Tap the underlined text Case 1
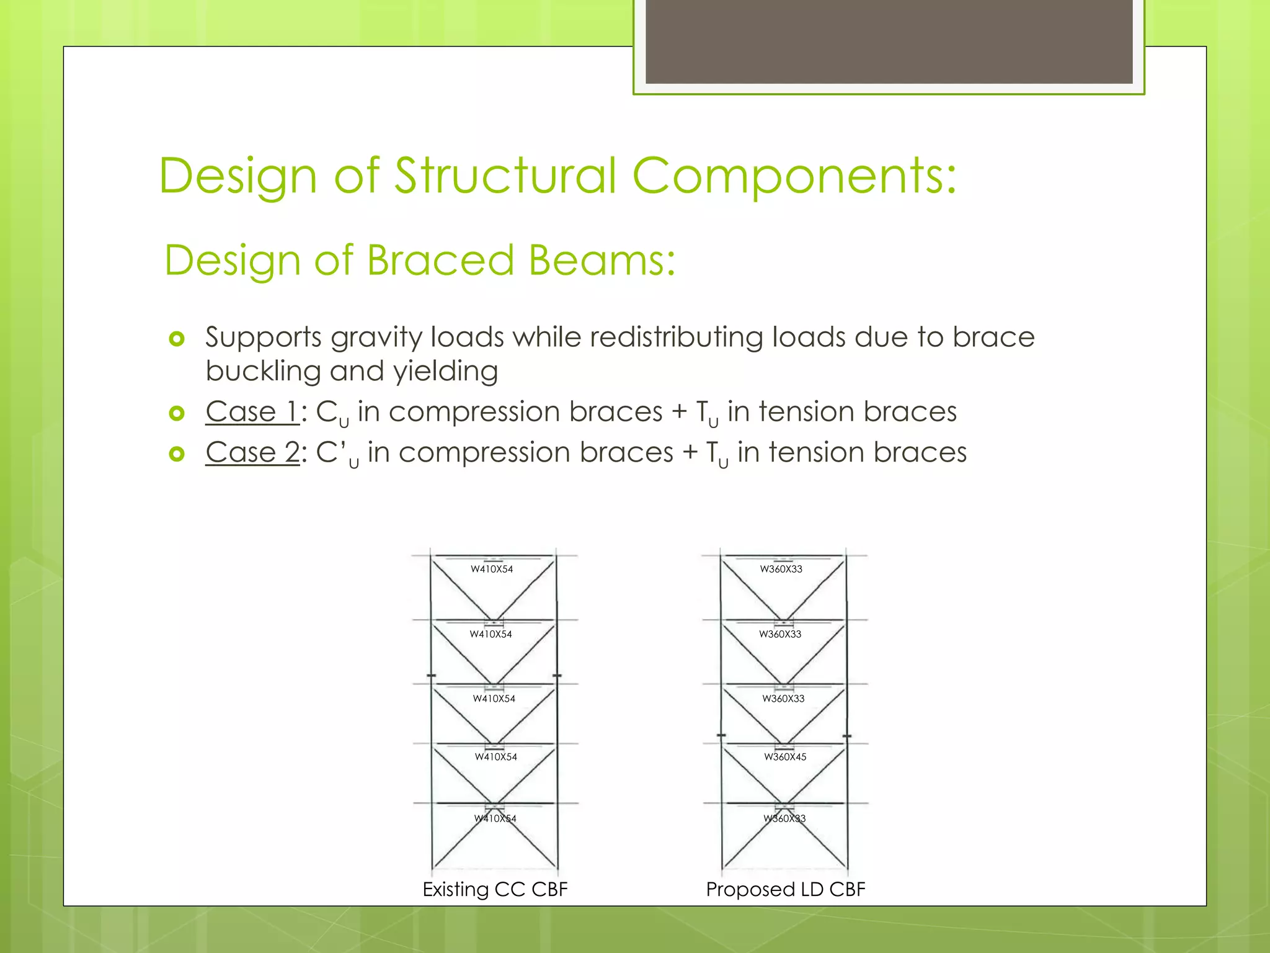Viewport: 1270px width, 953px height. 252,412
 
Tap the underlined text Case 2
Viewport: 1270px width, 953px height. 252,452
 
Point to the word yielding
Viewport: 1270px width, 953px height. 445,372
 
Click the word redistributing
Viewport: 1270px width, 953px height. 677,337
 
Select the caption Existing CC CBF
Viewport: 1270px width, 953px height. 495,889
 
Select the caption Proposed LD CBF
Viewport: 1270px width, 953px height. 785,889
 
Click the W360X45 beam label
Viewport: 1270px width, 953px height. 785,757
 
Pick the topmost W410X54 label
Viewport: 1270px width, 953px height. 492,569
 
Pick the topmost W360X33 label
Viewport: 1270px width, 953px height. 781,569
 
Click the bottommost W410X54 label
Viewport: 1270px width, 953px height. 495,818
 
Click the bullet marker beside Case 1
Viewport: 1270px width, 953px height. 177,413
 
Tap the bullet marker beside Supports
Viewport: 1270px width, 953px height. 177,339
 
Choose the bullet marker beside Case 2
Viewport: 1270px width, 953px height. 177,454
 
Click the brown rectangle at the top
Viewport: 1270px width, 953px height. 889,41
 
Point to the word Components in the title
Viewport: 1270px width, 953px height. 794,176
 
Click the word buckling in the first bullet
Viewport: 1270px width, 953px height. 263,372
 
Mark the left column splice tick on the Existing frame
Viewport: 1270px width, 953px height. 432,675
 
